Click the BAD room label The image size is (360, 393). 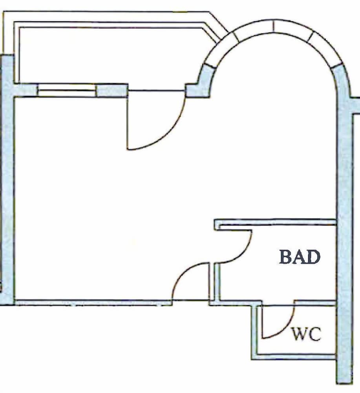300,257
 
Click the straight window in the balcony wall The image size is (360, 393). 67,90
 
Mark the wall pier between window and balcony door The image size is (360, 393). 112,90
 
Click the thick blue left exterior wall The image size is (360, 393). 7,180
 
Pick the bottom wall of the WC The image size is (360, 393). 293,357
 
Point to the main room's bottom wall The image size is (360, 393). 93,303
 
